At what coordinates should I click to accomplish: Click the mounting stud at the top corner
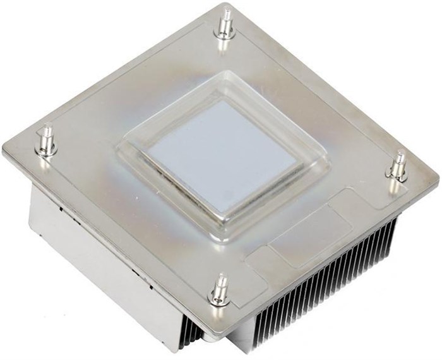tap(224, 24)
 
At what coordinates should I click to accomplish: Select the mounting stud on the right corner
tap(398, 167)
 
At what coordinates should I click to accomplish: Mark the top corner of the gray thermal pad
tap(215, 100)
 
